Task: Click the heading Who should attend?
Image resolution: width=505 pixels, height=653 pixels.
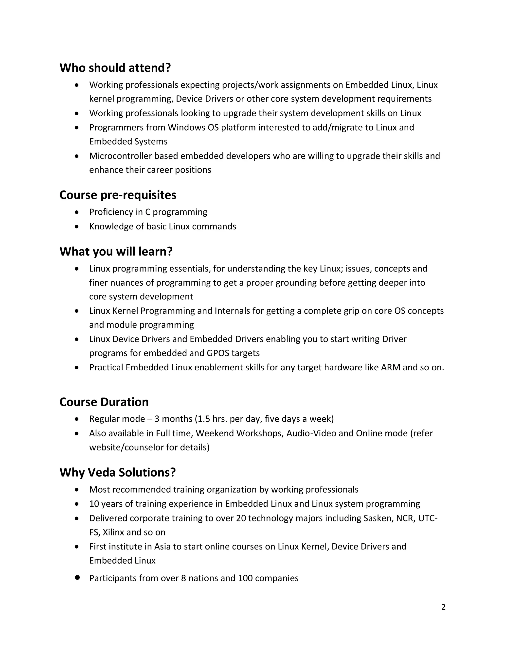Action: [115, 68]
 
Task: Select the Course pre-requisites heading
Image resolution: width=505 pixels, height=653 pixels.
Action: [118, 195]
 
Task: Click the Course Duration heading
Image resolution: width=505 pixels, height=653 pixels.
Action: [104, 402]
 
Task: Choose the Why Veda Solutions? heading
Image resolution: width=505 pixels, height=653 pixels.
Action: [117, 472]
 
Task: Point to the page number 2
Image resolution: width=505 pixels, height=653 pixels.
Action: [443, 607]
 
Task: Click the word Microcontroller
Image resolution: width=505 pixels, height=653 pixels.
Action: [120, 156]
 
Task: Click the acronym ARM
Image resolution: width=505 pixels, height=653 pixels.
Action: [390, 367]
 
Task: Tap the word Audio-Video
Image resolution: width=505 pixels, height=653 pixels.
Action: [311, 433]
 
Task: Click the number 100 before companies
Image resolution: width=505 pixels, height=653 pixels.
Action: [245, 578]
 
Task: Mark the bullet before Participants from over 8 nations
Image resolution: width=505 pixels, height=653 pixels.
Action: [77, 577]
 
